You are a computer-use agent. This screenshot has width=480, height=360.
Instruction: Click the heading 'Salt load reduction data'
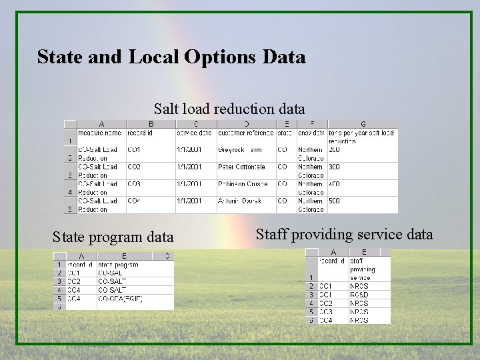click(229, 108)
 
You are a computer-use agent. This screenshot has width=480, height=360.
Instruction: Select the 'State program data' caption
click(113, 237)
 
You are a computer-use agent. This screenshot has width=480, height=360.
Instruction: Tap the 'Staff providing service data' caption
click(344, 234)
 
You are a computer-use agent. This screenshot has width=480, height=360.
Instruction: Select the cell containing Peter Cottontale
click(241, 167)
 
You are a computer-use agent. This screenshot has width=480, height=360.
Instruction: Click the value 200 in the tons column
click(335, 150)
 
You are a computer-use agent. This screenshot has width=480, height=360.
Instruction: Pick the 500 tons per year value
click(335, 201)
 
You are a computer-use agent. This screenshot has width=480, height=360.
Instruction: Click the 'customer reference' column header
click(245, 133)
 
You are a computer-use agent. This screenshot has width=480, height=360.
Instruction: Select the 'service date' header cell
click(194, 133)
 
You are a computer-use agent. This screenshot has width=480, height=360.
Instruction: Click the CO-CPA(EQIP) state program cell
click(121, 299)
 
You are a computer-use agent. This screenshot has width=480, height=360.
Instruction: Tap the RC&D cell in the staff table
click(359, 295)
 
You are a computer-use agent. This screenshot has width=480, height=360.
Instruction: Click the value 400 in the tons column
click(335, 184)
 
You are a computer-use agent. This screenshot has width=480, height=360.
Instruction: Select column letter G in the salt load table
click(362, 124)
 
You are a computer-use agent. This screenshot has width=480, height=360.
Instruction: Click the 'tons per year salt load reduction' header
click(362, 137)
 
